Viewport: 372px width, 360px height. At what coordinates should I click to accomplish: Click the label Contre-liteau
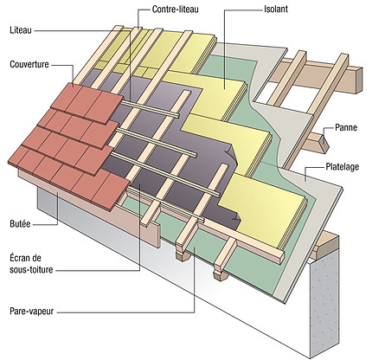176,10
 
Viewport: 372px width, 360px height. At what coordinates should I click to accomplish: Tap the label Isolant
276,9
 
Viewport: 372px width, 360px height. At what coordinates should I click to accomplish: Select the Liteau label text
21,30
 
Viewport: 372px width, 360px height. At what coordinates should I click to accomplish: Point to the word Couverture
29,64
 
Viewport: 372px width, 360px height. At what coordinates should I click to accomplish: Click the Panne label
346,127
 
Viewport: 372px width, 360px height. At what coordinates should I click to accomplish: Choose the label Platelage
343,167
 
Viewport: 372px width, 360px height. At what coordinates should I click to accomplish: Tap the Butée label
20,224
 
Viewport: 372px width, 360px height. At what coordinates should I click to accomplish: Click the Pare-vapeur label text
32,312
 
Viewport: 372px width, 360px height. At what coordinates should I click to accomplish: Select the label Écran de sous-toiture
31,264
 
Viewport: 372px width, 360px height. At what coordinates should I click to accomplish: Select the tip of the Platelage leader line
305,181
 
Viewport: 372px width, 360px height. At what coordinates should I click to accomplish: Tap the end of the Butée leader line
58,193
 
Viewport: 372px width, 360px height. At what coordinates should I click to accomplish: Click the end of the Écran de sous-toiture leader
140,184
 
